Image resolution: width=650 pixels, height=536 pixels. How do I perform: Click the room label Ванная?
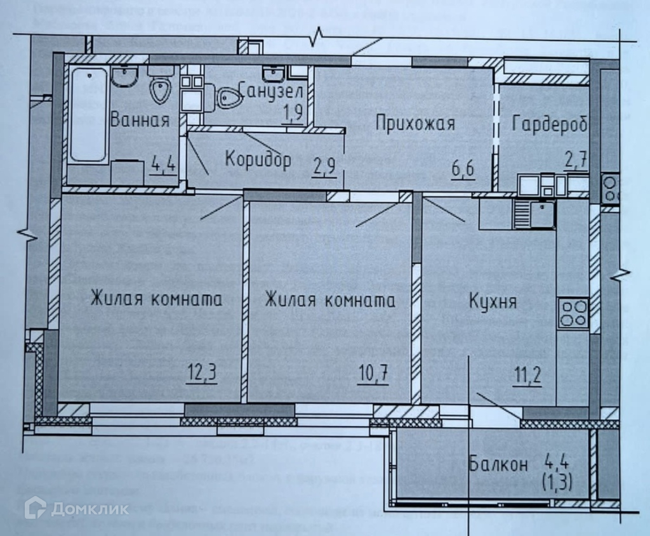(x=140, y=120)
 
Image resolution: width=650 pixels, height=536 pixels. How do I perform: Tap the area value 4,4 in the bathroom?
(x=164, y=169)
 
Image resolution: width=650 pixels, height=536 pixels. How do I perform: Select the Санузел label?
(x=273, y=90)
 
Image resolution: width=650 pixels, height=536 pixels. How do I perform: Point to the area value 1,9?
(x=294, y=114)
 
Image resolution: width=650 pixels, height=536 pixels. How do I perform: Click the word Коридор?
(x=258, y=159)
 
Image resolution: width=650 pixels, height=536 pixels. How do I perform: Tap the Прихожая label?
(x=415, y=122)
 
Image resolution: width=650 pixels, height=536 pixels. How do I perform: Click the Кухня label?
(x=493, y=301)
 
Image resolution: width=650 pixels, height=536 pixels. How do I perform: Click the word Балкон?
(x=498, y=464)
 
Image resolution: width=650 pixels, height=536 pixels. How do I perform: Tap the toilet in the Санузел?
(x=228, y=98)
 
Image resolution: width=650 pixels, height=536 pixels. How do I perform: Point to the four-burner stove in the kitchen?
(x=573, y=314)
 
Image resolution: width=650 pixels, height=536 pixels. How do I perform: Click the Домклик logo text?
(x=90, y=509)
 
